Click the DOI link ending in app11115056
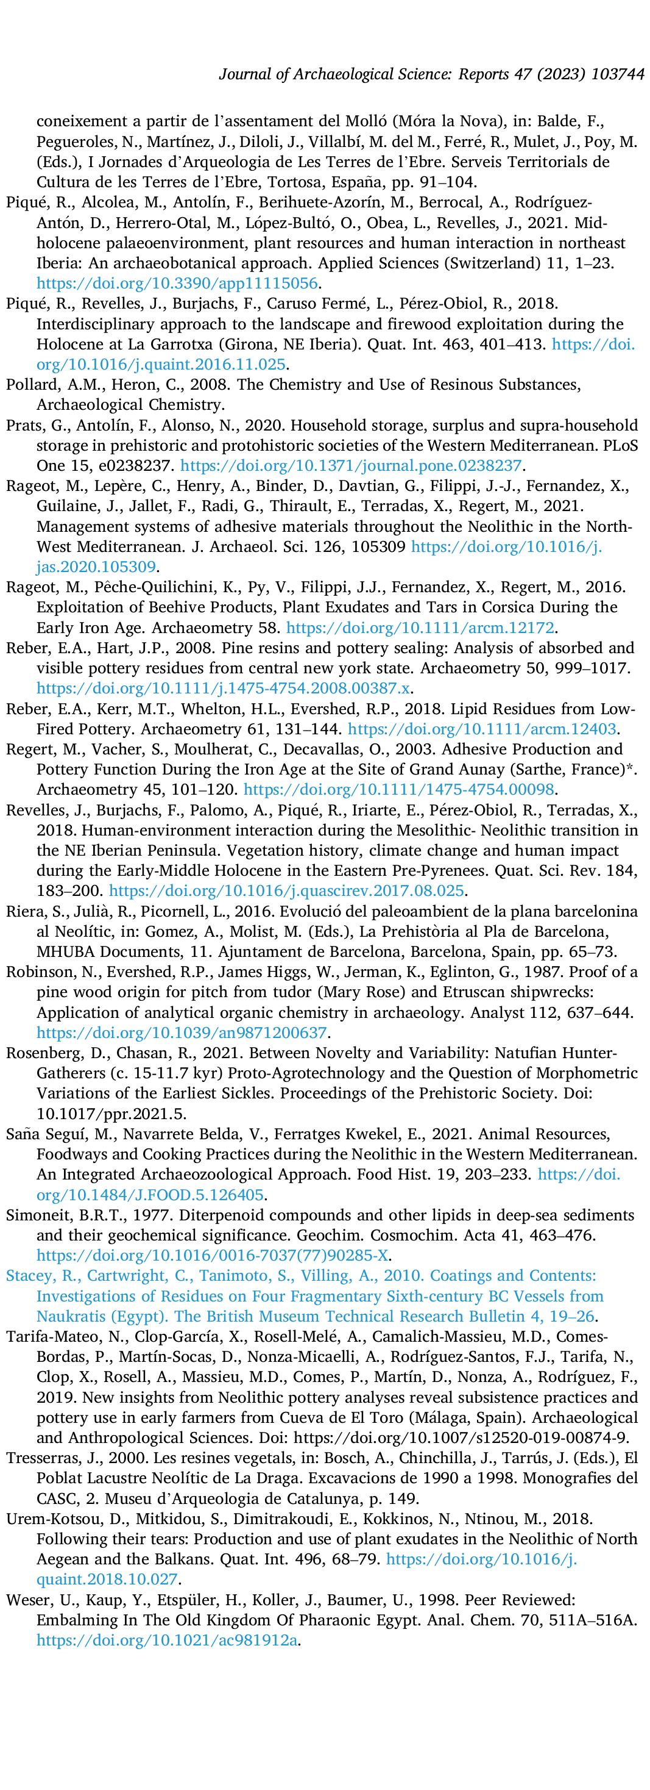(177, 284)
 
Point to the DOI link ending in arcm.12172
(420, 628)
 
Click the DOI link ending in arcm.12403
(482, 729)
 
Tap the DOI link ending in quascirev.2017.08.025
(287, 891)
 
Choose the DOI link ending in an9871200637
(183, 1033)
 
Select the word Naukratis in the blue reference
(74, 1316)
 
